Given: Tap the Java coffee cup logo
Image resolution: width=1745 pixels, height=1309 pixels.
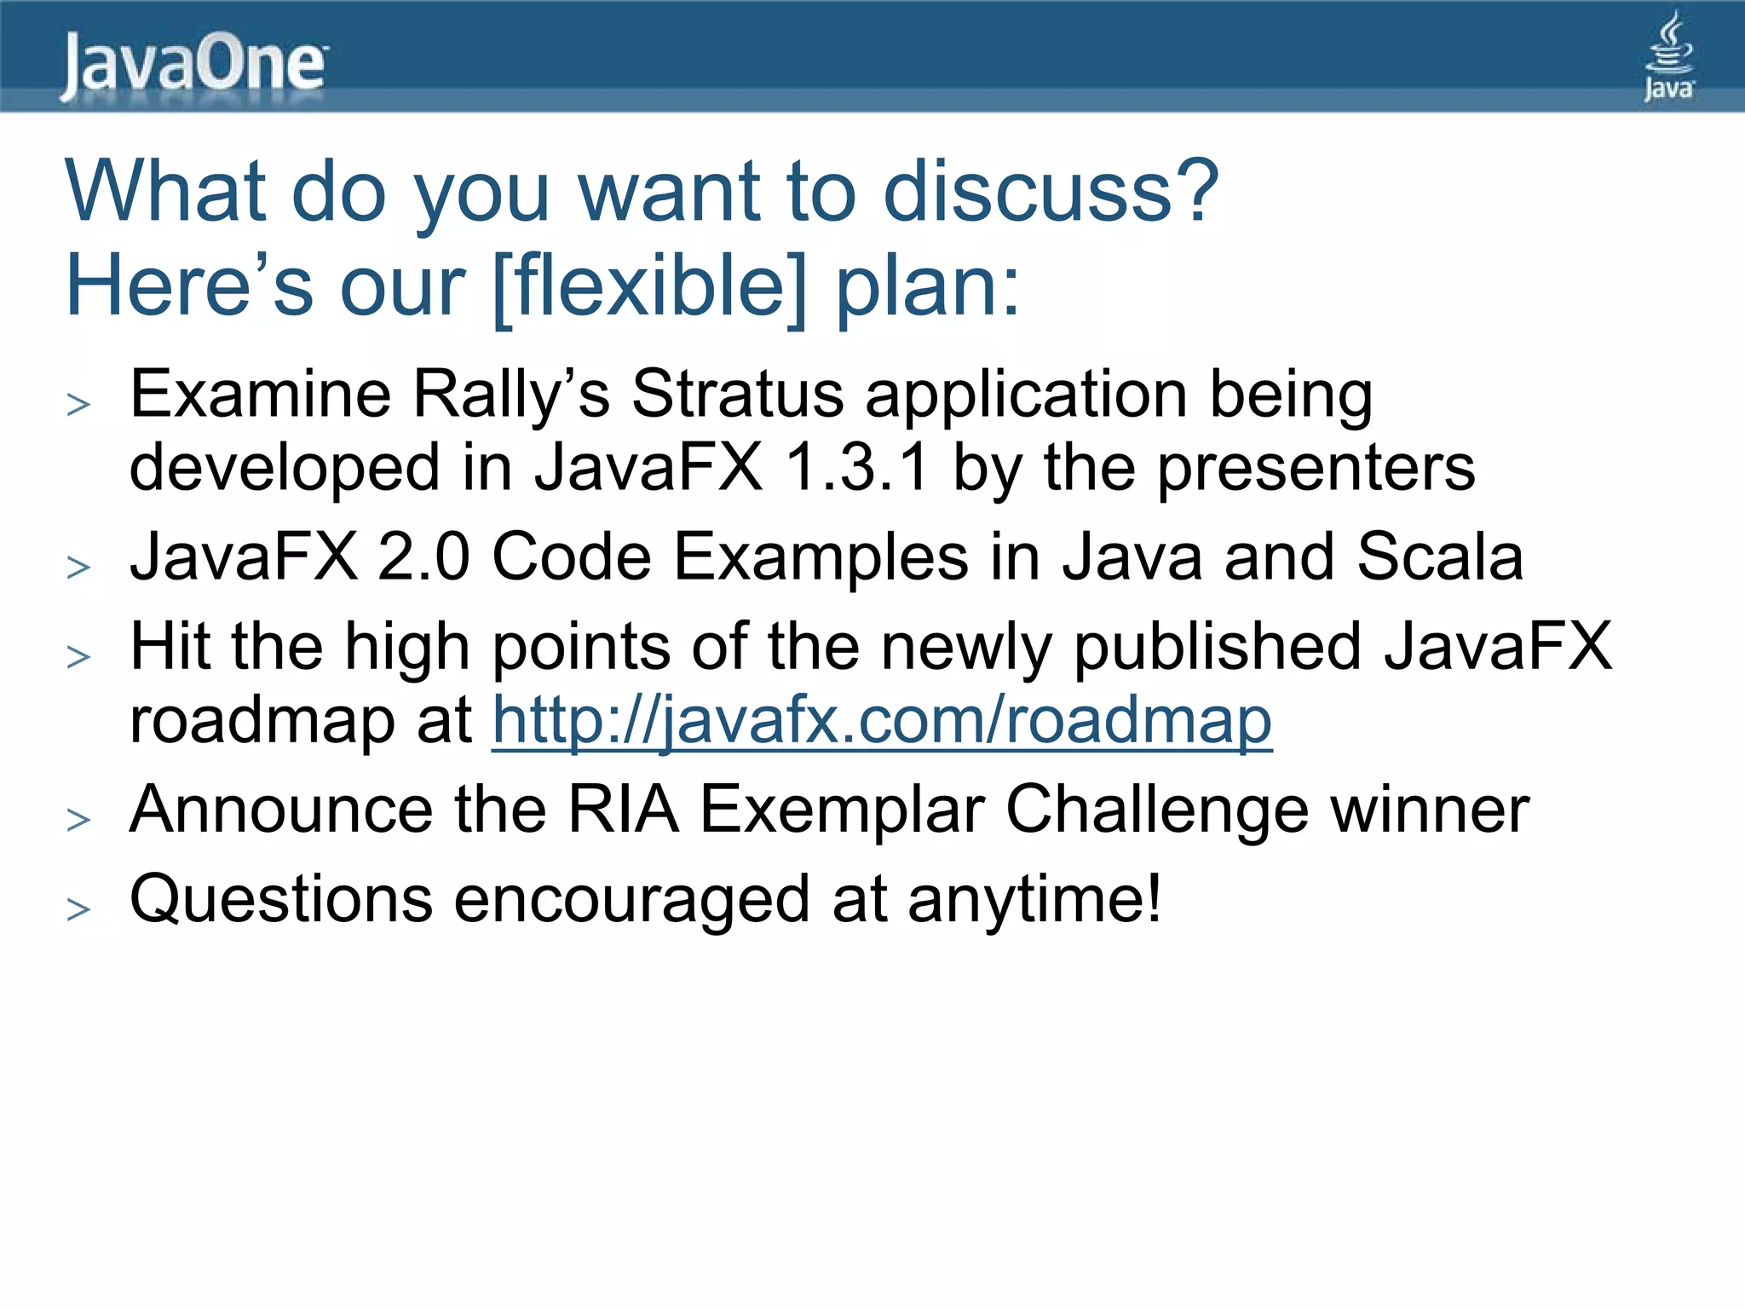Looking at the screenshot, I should pos(1668,56).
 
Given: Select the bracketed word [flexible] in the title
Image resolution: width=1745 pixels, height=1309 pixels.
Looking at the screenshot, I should pos(649,286).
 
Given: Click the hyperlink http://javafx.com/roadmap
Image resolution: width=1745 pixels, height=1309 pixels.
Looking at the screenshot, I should pos(882,721).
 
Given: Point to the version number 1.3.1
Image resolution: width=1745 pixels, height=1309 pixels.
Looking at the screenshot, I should pos(855,468).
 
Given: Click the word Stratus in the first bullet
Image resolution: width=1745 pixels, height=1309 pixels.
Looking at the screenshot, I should pos(738,395).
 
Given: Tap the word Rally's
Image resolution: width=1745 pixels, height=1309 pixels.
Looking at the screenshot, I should pos(510,395).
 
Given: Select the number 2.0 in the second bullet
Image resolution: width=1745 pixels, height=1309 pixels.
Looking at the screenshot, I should pos(423,557).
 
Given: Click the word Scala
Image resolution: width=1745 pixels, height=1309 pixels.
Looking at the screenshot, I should pos(1439,557).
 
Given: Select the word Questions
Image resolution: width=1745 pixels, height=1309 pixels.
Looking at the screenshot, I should pos(280,900).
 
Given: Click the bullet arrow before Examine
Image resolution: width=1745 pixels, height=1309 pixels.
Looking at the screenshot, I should pos(78,404).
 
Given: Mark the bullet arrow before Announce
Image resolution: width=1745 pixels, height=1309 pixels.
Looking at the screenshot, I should pos(78,819).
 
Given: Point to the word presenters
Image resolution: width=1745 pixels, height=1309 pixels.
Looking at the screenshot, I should pos(1316,468).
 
